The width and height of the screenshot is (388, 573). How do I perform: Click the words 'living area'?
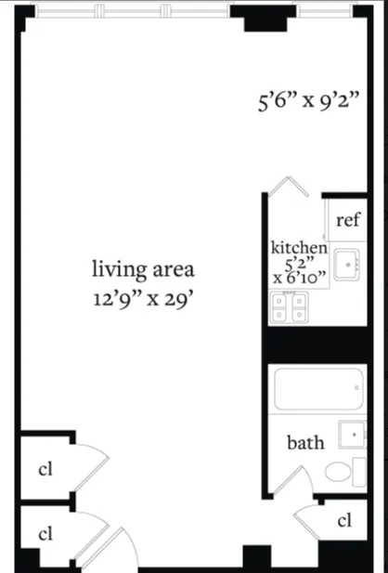142,270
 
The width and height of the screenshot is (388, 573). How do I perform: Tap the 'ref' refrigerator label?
347,220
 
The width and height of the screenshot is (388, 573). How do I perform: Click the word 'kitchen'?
298,248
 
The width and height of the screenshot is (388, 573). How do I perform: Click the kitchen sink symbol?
348,265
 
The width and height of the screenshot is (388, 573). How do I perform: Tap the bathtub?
318,389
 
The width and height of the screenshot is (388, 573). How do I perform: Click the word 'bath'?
304,442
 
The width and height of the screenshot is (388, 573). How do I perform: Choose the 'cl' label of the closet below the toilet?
344,520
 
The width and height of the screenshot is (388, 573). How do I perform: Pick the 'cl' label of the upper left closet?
44,469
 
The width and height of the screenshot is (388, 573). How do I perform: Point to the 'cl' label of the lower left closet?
44,534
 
